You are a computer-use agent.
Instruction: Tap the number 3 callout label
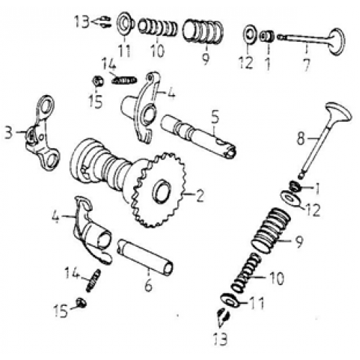click(x=8, y=133)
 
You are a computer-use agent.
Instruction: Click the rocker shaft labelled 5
click(x=194, y=134)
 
